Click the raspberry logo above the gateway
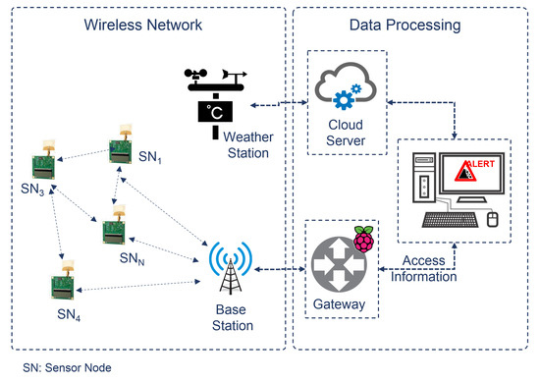(365, 240)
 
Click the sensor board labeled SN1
(120, 147)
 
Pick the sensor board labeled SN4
(62, 285)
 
